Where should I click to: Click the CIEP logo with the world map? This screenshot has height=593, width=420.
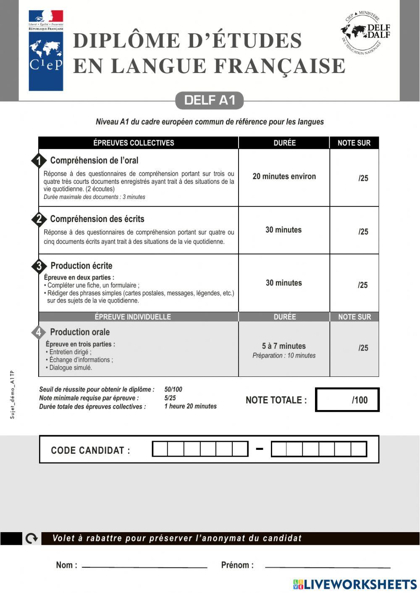coord(46,50)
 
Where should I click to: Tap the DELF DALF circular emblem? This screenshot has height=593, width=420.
coord(365,33)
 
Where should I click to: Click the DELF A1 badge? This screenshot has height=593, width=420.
coord(209,100)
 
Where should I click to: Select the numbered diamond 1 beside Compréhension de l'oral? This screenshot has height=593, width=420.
coord(39,161)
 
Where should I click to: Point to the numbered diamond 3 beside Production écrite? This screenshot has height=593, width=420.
coord(39,266)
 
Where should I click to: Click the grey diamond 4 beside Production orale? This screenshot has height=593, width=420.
coord(39,332)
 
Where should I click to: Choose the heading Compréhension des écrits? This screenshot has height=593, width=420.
coord(97,219)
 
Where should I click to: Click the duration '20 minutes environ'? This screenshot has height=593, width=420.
coord(284,177)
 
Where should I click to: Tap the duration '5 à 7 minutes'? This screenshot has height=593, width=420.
coord(284,346)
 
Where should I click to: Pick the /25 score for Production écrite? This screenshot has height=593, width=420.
coord(362,285)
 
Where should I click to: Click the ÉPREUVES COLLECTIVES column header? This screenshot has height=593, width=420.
coord(134,143)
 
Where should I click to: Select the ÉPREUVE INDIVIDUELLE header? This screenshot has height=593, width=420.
coord(133,317)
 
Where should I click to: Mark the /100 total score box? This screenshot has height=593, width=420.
coord(347,400)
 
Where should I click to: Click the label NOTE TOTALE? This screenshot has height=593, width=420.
coord(276,400)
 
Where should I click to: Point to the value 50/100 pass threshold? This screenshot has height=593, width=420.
coord(173,389)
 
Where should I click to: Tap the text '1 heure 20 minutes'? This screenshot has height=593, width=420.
coord(190,406)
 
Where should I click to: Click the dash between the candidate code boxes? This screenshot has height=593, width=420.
coord(260,449)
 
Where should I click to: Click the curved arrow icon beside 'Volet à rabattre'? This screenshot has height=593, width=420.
coord(31,538)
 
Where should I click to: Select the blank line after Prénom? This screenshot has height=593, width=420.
coord(328,567)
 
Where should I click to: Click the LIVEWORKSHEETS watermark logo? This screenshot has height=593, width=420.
coord(355,584)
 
